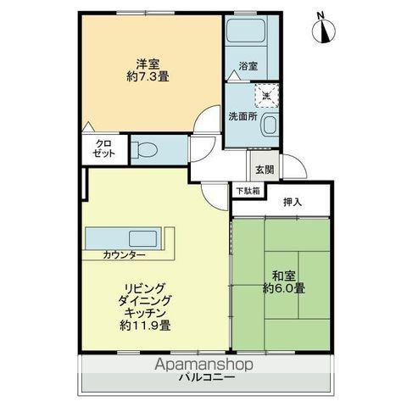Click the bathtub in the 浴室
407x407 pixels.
pos(245,36)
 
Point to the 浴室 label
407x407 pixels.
pos(248,65)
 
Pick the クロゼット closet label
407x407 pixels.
pos(103,149)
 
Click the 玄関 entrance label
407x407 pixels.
pos(264,170)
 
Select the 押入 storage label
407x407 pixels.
pos(293,202)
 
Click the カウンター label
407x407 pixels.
pos(125,254)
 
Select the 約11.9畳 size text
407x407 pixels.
pos(146,325)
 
